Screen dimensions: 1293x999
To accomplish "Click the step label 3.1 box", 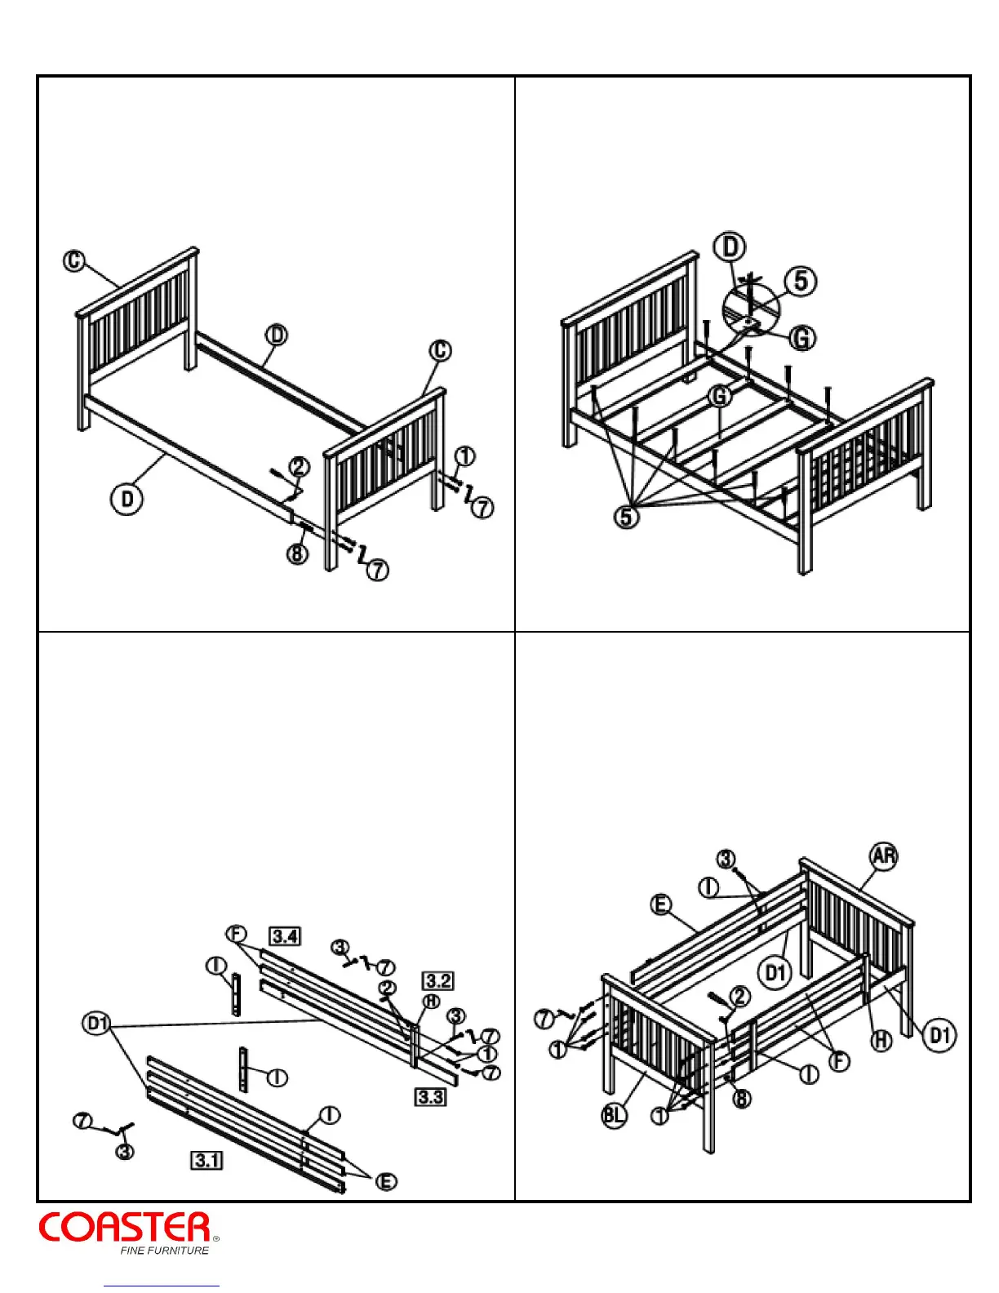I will tap(206, 1159).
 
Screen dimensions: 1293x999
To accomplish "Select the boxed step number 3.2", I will tap(437, 980).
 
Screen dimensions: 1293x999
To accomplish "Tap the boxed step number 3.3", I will tap(430, 1096).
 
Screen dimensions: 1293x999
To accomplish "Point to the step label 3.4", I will tap(285, 935).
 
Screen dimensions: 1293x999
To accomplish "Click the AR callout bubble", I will tap(884, 855).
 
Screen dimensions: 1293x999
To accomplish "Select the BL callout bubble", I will tap(615, 1115).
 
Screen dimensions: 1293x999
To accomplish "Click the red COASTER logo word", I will tap(125, 1228).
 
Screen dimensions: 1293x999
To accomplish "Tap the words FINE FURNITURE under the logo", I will tap(164, 1251).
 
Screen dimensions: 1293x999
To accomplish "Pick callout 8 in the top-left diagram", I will tap(297, 553).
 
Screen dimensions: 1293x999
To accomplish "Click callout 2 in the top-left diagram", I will tap(300, 467).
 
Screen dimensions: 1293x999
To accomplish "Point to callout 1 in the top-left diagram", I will tap(464, 456).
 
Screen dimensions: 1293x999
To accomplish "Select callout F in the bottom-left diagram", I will tap(236, 934).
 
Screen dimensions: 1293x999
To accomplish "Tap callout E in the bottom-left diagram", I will tap(386, 1181).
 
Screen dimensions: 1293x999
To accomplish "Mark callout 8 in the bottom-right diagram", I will tap(741, 1099).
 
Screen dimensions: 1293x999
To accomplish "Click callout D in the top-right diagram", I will tap(730, 247).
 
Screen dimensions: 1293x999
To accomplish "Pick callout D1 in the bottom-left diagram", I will tap(97, 1023).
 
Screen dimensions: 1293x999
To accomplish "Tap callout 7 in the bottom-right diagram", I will tap(544, 1018).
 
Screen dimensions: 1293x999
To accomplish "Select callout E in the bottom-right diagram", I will tap(660, 904).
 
